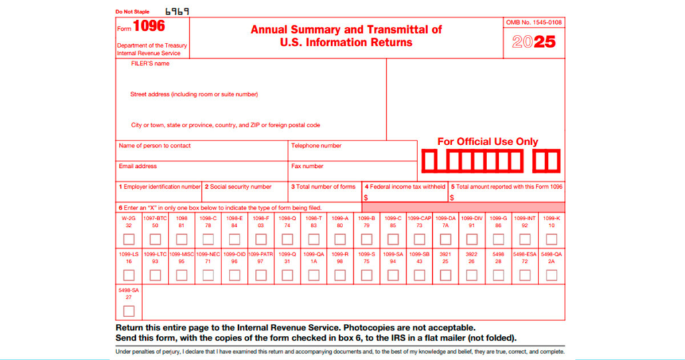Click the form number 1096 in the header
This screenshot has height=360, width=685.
(149, 27)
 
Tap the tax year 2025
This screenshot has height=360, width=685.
(534, 42)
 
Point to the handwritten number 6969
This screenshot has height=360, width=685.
(177, 11)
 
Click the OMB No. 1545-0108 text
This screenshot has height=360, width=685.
(534, 23)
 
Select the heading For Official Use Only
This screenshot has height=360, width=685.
(488, 142)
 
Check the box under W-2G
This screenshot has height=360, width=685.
(128, 239)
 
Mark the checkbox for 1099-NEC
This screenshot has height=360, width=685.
(208, 275)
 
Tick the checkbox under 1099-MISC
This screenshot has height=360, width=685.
(181, 275)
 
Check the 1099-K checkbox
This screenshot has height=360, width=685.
(551, 239)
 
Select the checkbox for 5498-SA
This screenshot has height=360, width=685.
(128, 310)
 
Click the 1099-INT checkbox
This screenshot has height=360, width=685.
(525, 239)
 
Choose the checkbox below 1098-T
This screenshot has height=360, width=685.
(314, 239)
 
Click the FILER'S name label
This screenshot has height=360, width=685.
(151, 64)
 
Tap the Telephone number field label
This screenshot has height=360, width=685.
(316, 146)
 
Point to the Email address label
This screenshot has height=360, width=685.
(138, 166)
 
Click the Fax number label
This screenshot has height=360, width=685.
(308, 166)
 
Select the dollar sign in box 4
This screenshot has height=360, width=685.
(366, 198)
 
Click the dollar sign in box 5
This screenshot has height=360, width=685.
(452, 198)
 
